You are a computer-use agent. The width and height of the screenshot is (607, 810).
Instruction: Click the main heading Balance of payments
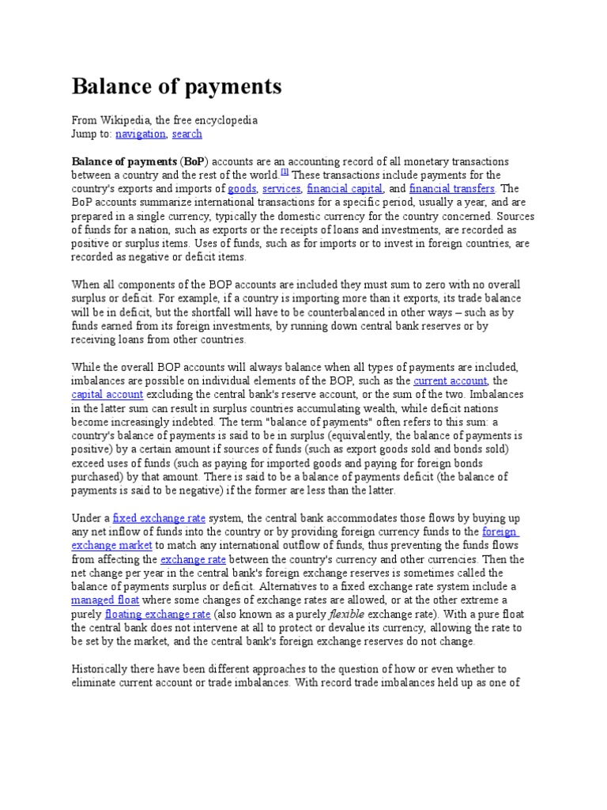[176, 85]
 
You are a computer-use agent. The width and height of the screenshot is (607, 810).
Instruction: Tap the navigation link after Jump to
[140, 134]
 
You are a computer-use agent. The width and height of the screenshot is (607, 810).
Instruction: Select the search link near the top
[187, 134]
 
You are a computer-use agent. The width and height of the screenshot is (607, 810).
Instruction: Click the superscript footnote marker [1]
[285, 172]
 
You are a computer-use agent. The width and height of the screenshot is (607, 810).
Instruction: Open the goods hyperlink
[241, 188]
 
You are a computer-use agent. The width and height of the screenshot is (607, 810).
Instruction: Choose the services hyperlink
[281, 188]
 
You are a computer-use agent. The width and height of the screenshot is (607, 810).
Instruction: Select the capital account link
[107, 394]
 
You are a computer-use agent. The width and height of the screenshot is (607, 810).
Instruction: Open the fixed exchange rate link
[159, 518]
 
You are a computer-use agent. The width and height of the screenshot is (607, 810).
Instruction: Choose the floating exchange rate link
[158, 614]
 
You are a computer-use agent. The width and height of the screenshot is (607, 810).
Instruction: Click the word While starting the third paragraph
[86, 367]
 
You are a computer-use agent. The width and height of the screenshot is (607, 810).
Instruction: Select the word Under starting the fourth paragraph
[86, 518]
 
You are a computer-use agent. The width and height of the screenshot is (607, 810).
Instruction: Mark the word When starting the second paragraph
[86, 285]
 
